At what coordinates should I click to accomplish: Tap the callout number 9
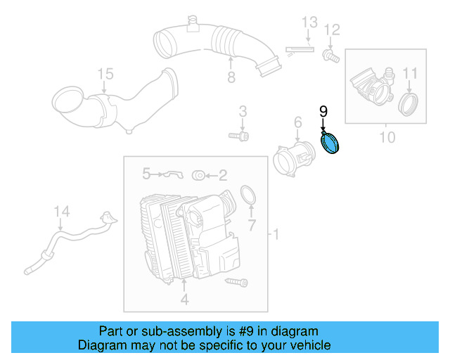pyautogui.click(x=323, y=111)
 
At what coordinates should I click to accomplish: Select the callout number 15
pyautogui.click(x=105, y=73)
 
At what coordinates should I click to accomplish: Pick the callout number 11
pyautogui.click(x=410, y=72)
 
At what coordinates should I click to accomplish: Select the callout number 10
pyautogui.click(x=387, y=136)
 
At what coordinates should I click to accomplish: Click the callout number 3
pyautogui.click(x=243, y=110)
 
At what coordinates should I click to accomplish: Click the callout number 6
pyautogui.click(x=297, y=123)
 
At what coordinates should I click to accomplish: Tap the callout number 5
pyautogui.click(x=146, y=173)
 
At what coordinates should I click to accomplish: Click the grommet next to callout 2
pyautogui.click(x=198, y=174)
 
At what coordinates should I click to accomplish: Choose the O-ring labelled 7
pyautogui.click(x=249, y=195)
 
